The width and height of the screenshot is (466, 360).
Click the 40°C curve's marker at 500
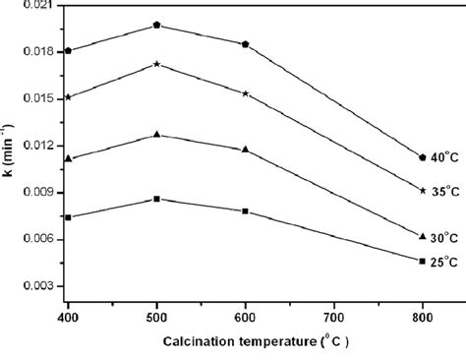156,25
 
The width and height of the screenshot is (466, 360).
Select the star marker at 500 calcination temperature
156,64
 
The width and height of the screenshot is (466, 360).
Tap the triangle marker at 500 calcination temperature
156,134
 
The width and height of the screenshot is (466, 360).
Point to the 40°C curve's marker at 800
422,157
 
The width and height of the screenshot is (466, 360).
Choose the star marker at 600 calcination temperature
245,93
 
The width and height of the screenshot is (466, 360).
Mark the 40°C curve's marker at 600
245,44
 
